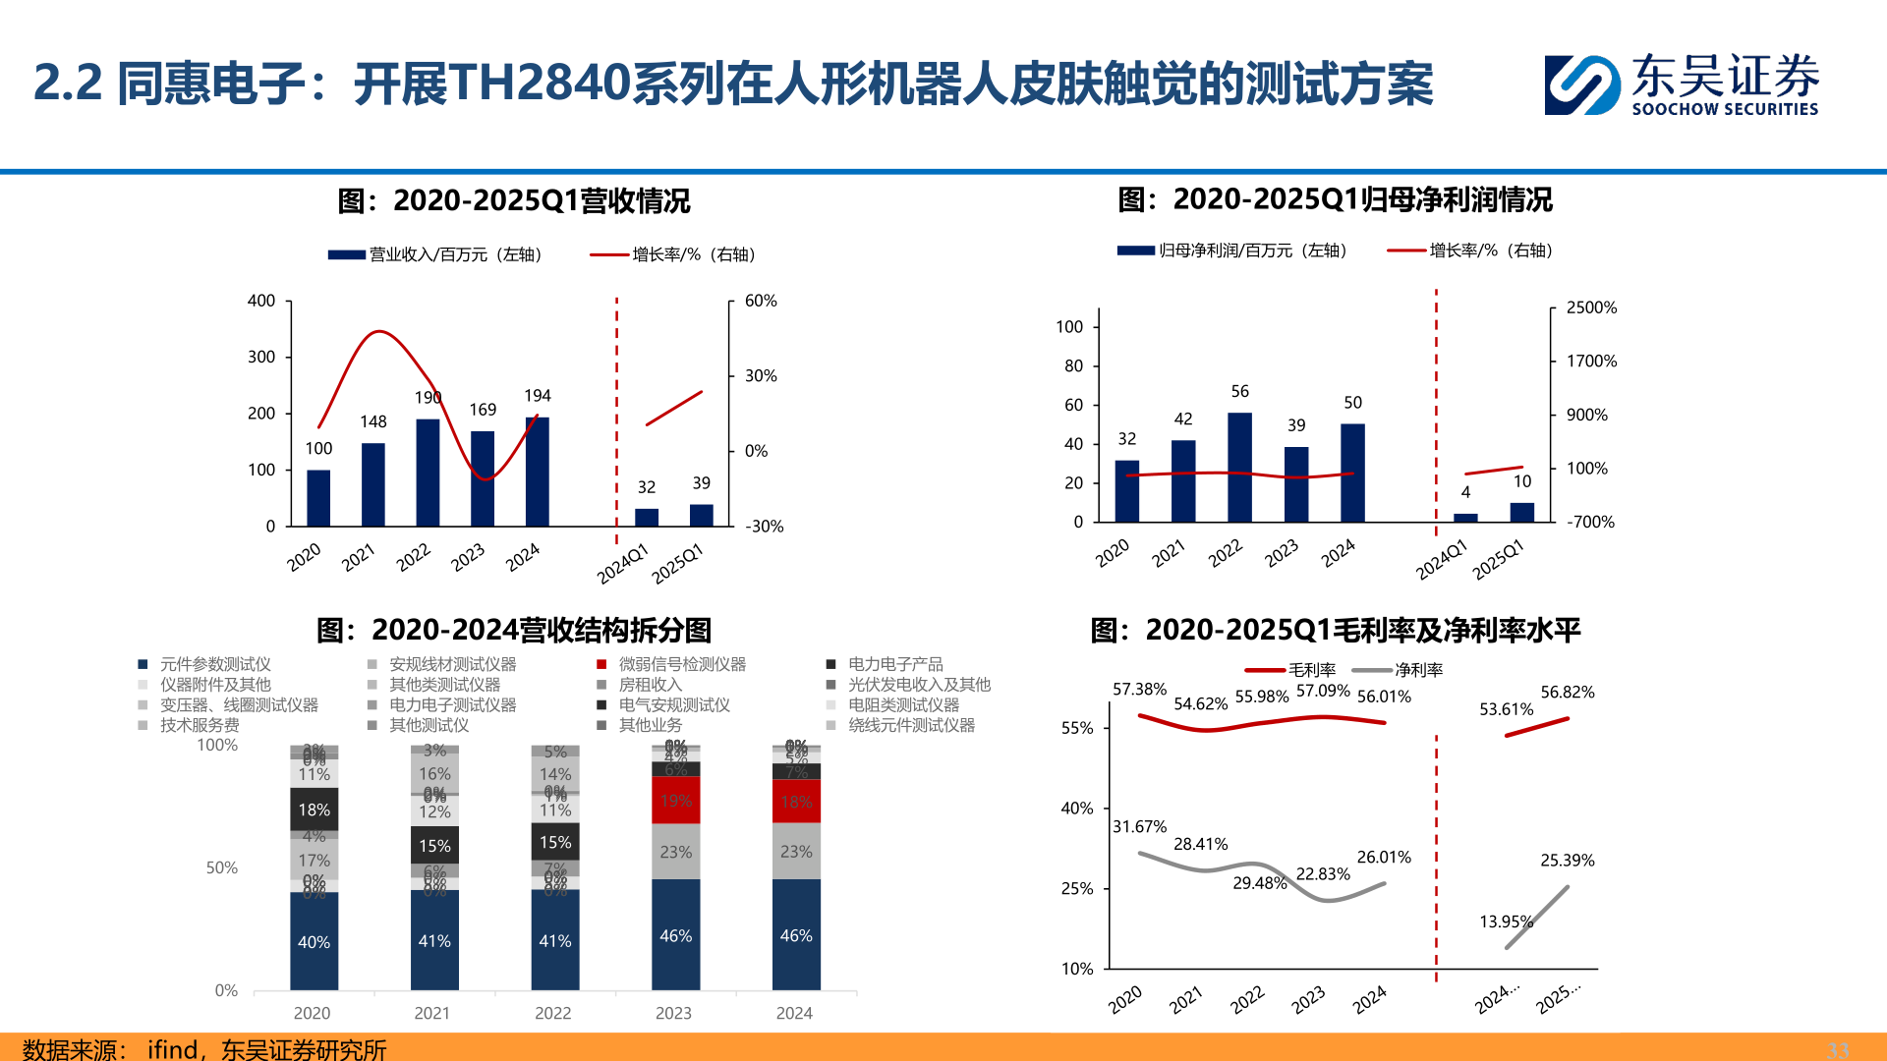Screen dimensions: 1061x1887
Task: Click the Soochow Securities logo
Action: point(1681,85)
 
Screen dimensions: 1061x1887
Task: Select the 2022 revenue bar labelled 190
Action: point(428,473)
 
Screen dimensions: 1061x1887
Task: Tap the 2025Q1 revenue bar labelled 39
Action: point(701,516)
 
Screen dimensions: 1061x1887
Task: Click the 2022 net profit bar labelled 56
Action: point(1239,467)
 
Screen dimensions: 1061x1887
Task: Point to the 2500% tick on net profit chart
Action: point(1590,307)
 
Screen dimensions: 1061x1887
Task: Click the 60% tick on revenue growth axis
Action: point(760,301)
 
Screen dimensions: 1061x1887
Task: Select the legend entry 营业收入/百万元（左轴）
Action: point(436,254)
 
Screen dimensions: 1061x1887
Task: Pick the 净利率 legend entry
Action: point(1400,670)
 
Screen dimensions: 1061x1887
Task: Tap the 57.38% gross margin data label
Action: point(1139,690)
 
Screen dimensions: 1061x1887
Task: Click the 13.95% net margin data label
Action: point(1505,921)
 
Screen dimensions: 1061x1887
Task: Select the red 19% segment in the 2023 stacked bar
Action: point(675,800)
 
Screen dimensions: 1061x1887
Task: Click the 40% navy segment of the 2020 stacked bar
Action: point(314,941)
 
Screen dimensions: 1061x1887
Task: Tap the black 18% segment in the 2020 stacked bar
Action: point(314,810)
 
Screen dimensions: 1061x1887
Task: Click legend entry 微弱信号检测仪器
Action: point(672,665)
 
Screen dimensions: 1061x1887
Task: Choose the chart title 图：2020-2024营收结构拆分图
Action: point(513,630)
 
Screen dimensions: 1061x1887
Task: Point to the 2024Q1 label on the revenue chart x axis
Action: point(623,563)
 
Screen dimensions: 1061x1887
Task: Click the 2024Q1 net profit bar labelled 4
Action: point(1464,517)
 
